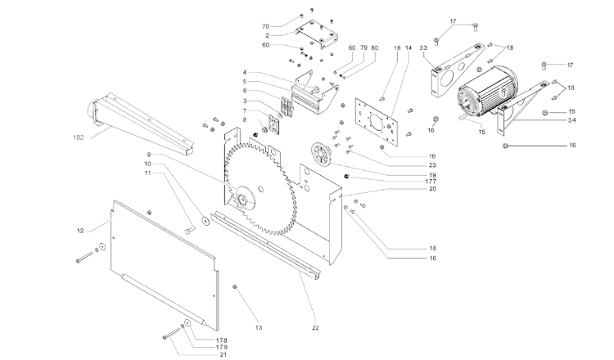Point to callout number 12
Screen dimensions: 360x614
[81, 232]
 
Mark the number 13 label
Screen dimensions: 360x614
[259, 327]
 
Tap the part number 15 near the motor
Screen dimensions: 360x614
[481, 133]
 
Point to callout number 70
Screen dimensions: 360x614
[266, 26]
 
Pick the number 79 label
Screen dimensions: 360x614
[363, 47]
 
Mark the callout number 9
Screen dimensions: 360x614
[149, 155]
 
